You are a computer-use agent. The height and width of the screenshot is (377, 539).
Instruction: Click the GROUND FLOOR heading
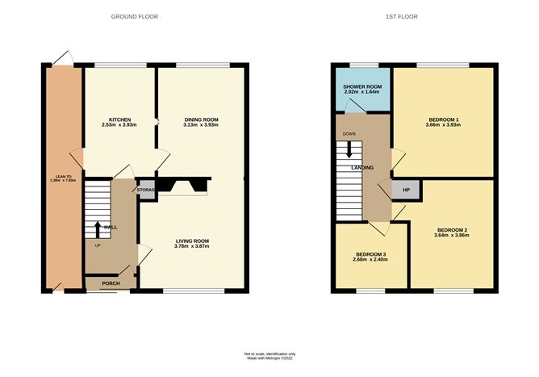135,16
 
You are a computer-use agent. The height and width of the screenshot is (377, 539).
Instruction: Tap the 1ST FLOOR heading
402,16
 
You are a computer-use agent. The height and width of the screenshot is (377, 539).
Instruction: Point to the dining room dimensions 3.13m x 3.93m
201,125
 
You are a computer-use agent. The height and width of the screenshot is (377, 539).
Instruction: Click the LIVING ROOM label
192,241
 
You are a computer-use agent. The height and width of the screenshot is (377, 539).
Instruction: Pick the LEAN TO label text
63,177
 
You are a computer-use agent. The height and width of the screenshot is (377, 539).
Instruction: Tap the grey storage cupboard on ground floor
146,190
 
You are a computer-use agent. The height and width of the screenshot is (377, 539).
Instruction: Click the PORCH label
111,283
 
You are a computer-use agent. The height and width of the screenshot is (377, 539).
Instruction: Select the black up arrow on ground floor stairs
98,230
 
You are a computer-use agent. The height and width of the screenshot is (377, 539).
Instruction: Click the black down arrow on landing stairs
349,149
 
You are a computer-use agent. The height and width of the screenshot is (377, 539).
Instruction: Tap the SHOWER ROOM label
362,87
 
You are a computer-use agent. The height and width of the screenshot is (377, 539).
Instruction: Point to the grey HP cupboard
406,190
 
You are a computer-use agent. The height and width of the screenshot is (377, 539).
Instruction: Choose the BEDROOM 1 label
444,119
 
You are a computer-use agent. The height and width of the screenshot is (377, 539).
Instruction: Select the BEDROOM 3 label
370,254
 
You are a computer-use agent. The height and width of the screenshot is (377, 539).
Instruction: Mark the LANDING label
362,168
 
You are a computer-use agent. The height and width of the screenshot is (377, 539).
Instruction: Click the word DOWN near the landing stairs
349,134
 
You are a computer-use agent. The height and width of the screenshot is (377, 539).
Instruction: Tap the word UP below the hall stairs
98,245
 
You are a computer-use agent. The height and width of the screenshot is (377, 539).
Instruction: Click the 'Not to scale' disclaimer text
269,354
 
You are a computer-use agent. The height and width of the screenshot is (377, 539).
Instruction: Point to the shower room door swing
355,106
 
